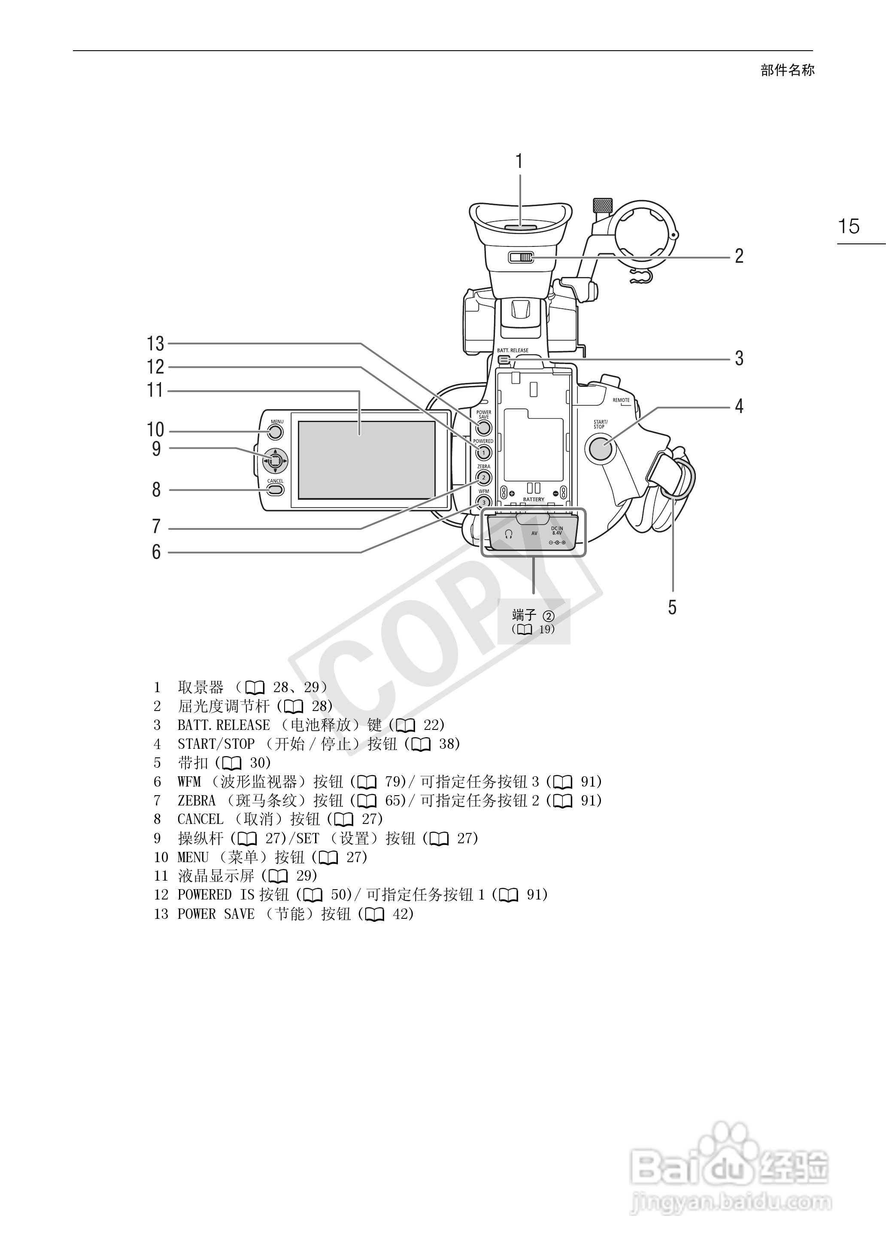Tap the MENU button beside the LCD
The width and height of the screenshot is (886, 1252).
276,432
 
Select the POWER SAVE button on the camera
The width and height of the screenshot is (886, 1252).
483,427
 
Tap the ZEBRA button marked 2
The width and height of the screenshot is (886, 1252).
483,477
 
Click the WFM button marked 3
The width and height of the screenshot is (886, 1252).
483,502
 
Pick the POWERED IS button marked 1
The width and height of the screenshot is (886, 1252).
483,452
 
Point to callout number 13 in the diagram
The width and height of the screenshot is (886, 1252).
155,343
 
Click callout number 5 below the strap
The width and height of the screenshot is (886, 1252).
673,607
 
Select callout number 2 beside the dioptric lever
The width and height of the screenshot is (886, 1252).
739,256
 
